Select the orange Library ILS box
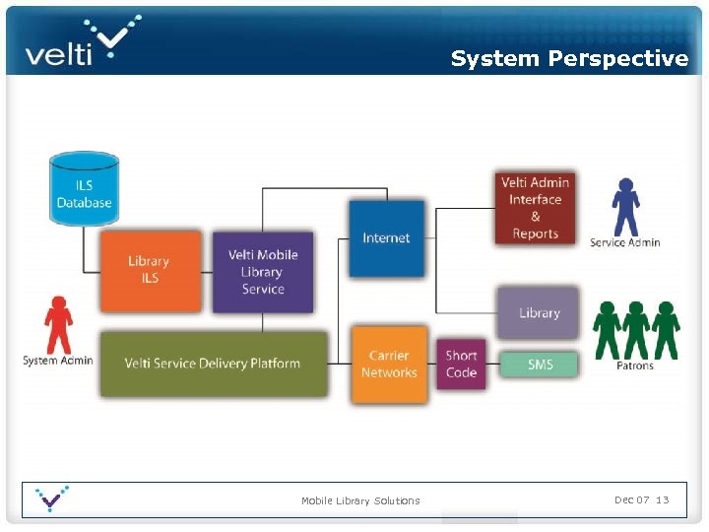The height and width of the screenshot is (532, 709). (x=149, y=270)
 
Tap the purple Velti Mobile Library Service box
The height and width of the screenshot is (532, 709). (x=262, y=272)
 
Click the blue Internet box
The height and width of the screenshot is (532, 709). (x=386, y=238)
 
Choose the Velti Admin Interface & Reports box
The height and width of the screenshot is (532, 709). (x=535, y=208)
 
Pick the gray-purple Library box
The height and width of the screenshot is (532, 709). (x=538, y=313)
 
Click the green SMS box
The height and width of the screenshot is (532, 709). (x=540, y=365)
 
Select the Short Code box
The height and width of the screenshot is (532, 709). (x=461, y=365)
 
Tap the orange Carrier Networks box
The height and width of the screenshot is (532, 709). (x=389, y=365)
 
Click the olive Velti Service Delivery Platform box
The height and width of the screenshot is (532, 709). (x=213, y=364)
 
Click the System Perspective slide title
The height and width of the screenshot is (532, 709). (x=569, y=59)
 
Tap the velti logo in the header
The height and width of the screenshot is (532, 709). (x=84, y=42)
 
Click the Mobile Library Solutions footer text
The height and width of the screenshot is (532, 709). (x=360, y=500)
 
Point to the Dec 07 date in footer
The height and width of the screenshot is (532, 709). (x=631, y=499)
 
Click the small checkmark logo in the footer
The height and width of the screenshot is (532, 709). (x=51, y=499)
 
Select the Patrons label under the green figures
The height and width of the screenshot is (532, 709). (x=635, y=366)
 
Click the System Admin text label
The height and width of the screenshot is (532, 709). (x=58, y=361)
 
